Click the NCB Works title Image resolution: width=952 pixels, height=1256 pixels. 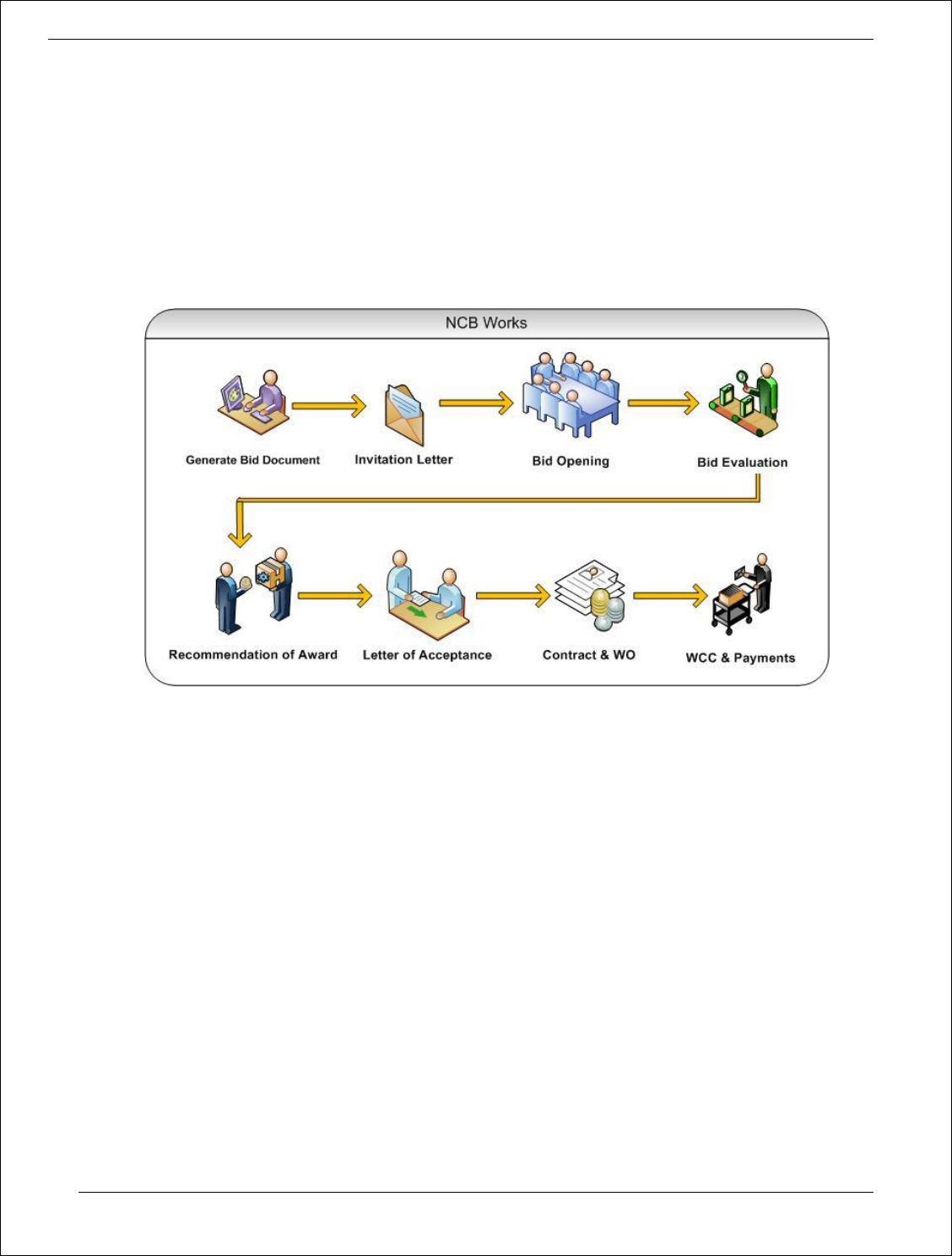[486, 323]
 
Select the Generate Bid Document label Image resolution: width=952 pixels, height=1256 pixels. [252, 460]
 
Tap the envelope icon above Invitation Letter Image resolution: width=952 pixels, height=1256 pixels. [404, 414]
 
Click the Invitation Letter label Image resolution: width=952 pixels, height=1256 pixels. [403, 459]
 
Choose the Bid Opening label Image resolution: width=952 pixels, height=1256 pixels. [571, 461]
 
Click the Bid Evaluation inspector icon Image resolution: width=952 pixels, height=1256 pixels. [744, 400]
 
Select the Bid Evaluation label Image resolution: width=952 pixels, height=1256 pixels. [742, 463]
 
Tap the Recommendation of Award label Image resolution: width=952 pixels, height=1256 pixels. [252, 655]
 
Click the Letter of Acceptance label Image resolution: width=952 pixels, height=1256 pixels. [427, 655]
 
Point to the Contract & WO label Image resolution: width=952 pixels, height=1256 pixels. [588, 655]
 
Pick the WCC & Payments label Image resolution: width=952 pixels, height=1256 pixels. [740, 658]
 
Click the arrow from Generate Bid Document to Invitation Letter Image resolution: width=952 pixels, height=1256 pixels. [328, 406]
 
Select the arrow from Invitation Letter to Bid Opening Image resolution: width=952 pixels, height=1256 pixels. [476, 403]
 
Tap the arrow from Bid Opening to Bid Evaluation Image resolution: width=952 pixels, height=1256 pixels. [663, 403]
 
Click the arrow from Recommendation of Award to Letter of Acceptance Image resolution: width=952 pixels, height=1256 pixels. [334, 596]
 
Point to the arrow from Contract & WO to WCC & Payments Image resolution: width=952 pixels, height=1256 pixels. [670, 596]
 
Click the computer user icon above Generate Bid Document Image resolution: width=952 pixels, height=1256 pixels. [253, 403]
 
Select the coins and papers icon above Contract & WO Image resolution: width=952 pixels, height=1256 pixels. [591, 595]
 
